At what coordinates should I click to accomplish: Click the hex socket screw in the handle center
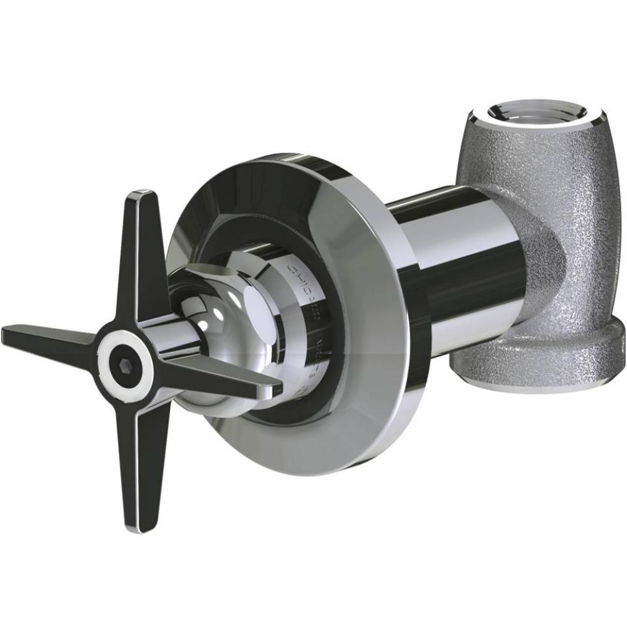pyautogui.click(x=123, y=362)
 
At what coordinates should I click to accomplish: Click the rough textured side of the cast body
pyautogui.click(x=565, y=207)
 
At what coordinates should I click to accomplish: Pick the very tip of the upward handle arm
pyautogui.click(x=141, y=193)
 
